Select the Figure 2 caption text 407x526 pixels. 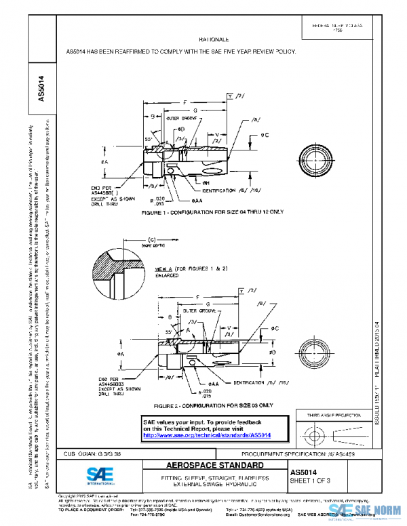[203, 405]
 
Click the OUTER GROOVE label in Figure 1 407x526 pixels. [181, 118]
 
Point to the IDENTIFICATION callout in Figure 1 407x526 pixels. [220, 191]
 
